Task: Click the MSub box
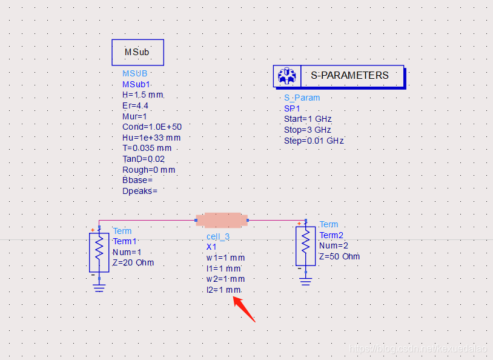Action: pyautogui.click(x=137, y=52)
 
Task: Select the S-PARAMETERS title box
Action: pyautogui.click(x=349, y=75)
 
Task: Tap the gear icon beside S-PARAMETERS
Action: pyautogui.click(x=285, y=76)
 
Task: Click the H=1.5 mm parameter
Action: pyautogui.click(x=142, y=95)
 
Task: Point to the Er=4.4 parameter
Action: pyautogui.click(x=135, y=105)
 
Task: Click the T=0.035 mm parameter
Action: pyautogui.click(x=147, y=148)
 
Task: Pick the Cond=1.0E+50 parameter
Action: pyautogui.click(x=151, y=127)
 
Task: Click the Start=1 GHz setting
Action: pyautogui.click(x=308, y=119)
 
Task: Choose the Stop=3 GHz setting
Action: pyautogui.click(x=307, y=130)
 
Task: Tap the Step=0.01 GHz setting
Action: pyautogui.click(x=313, y=141)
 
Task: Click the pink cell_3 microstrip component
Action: pyautogui.click(x=222, y=219)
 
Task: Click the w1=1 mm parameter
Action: pyautogui.click(x=225, y=258)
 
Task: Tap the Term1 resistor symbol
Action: pyautogui.click(x=99, y=252)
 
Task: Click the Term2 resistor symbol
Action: pyautogui.click(x=305, y=245)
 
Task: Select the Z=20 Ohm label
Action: pyautogui.click(x=133, y=263)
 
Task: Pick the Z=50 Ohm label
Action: pyautogui.click(x=339, y=256)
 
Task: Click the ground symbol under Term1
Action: pyautogui.click(x=99, y=287)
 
